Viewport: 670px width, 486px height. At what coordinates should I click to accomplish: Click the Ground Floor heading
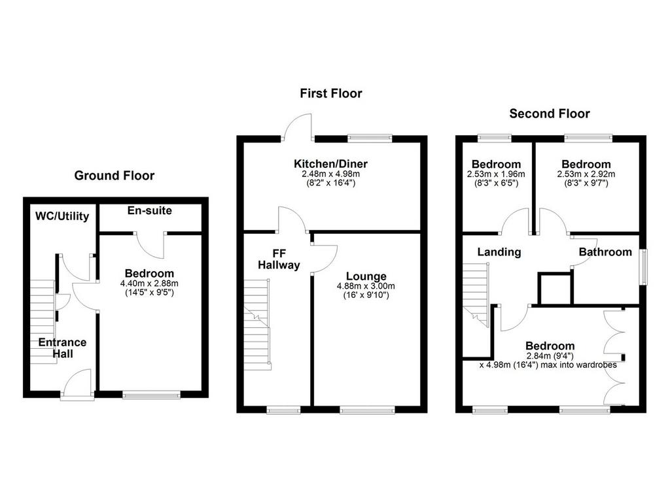point(114,175)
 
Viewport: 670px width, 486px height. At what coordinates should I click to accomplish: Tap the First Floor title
point(330,93)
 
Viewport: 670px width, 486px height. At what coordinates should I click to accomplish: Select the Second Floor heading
point(550,114)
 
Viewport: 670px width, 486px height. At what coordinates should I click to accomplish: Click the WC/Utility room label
point(62,216)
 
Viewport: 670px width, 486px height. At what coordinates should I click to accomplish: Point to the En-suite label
point(150,210)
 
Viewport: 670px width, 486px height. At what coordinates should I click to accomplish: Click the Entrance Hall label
point(62,348)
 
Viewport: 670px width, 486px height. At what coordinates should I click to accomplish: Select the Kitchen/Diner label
point(330,163)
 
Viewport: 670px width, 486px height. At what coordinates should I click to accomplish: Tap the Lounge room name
point(366,276)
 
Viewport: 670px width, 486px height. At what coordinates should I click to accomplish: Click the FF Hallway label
point(279,259)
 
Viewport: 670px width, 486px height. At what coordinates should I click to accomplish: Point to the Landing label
point(499,252)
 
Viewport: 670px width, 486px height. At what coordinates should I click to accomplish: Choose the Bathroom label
point(605,251)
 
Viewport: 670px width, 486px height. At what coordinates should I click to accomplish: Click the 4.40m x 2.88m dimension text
point(149,283)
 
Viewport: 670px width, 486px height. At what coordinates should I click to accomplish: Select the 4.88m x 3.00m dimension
point(366,286)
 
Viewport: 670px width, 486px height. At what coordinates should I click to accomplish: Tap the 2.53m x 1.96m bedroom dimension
point(496,174)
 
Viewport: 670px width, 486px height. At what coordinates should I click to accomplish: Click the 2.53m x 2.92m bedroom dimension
point(586,174)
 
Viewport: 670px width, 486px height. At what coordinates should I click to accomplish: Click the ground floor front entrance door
point(77,384)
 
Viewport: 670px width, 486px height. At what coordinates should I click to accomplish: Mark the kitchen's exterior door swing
point(298,127)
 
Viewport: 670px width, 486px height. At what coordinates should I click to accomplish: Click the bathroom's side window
point(643,267)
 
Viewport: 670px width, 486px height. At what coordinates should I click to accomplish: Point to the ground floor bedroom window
point(151,395)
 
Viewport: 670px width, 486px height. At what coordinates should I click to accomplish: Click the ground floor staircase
point(43,322)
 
